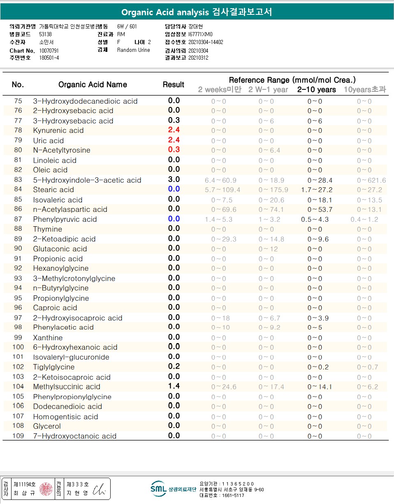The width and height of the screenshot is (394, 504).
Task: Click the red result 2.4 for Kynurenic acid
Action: click(174, 130)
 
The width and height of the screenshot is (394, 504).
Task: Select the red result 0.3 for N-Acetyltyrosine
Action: click(174, 150)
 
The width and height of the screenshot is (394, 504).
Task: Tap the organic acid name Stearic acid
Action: click(53, 190)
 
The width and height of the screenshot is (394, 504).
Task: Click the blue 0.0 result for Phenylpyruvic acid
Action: click(174, 219)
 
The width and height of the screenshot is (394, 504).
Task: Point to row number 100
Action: click(18, 347)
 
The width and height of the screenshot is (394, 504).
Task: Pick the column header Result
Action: click(173, 85)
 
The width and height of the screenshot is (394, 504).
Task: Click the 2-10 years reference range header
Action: click(316, 90)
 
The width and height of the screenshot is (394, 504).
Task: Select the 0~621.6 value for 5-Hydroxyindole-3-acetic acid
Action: click(371, 180)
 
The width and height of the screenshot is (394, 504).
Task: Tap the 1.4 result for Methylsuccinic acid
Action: click(174, 386)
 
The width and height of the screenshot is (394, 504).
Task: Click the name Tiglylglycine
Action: click(54, 367)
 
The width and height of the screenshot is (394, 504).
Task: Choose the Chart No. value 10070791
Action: click(49, 51)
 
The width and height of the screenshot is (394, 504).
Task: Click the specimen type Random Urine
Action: click(134, 50)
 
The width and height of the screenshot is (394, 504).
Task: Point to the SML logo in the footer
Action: click(158, 488)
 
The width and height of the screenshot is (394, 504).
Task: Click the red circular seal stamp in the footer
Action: click(46, 489)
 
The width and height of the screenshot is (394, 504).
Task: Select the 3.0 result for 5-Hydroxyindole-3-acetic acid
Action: click(174, 179)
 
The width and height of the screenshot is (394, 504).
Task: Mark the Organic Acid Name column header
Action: click(93, 85)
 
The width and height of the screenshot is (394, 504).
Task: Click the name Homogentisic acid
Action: click(65, 416)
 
